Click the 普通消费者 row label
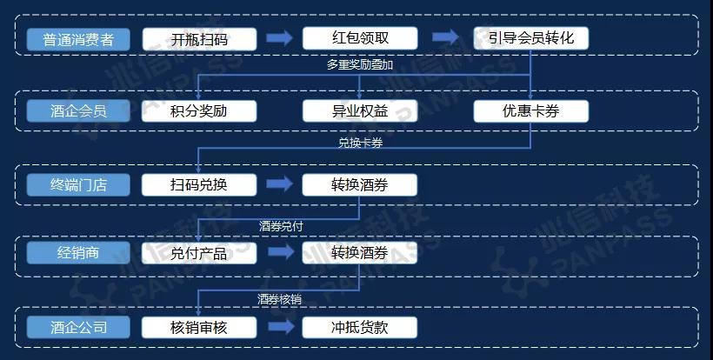pos(78,39)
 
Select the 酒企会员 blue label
pos(78,111)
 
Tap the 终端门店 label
pos(78,185)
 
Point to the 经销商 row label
pos(78,253)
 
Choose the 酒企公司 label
pos(78,327)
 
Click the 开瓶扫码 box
pos(199,39)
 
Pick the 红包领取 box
pos(360,38)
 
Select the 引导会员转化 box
pos(531,38)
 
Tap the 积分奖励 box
pos(199,111)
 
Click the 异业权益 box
pos(360,111)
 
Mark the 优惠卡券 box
pos(531,111)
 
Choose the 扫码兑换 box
pos(199,185)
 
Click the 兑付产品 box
pos(199,253)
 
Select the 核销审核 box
pos(199,327)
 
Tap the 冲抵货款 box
pos(360,327)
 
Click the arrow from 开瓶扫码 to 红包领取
pos(279,38)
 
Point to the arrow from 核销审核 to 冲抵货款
pos(281,327)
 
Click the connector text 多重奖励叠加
pos(360,64)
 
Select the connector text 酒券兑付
pos(281,226)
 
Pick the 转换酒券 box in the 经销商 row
pos(360,253)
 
